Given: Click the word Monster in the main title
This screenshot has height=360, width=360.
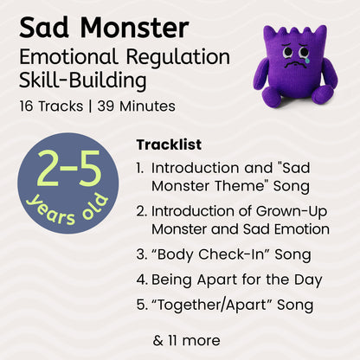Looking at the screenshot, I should pyautogui.click(x=131, y=28).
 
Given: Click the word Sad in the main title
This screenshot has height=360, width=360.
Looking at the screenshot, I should pyautogui.click(x=44, y=28).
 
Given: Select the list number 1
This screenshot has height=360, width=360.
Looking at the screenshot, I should pyautogui.click(x=140, y=167).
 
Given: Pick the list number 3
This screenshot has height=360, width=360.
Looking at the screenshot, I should pyautogui.click(x=141, y=255).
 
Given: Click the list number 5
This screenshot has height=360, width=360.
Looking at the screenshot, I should pyautogui.click(x=141, y=305).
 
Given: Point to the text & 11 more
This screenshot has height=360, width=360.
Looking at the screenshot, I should pyautogui.click(x=186, y=340).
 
